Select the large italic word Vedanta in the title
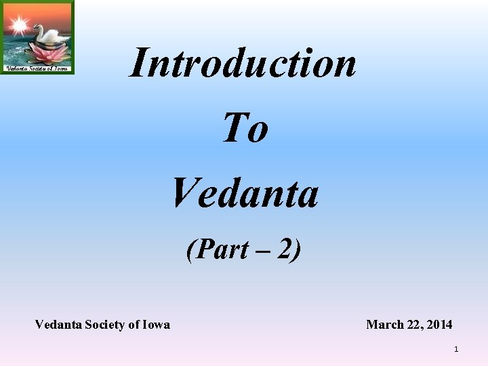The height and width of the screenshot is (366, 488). pyautogui.click(x=245, y=192)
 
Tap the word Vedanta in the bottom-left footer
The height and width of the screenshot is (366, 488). pyautogui.click(x=58, y=325)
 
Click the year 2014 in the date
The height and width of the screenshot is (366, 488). pyautogui.click(x=439, y=325)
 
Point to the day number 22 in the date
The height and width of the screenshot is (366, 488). pyautogui.click(x=413, y=325)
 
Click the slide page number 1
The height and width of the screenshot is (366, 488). pyautogui.click(x=456, y=349)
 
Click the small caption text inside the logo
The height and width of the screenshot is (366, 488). pyautogui.click(x=37, y=68)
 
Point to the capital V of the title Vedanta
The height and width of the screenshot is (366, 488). pyautogui.click(x=184, y=192)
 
